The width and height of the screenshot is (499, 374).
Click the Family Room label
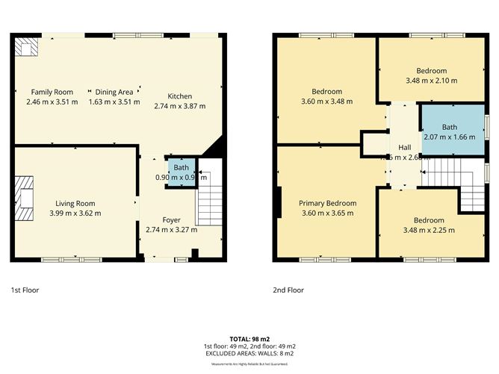(x=52, y=92)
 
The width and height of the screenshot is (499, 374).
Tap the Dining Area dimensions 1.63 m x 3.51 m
(x=114, y=102)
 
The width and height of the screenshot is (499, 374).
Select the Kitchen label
(x=179, y=96)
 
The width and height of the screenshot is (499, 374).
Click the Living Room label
(x=75, y=203)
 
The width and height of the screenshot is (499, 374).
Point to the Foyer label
(x=173, y=220)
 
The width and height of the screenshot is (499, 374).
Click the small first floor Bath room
(x=182, y=172)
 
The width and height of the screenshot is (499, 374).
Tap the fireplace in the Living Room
(x=25, y=198)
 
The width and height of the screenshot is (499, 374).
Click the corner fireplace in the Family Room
(x=27, y=48)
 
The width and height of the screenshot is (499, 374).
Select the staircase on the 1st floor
(x=208, y=204)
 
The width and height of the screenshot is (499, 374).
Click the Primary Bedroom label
(x=327, y=203)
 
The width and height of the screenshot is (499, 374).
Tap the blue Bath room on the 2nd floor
(x=449, y=132)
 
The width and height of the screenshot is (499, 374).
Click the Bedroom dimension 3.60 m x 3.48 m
(x=326, y=102)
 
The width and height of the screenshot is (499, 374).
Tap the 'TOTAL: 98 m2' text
(x=250, y=339)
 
